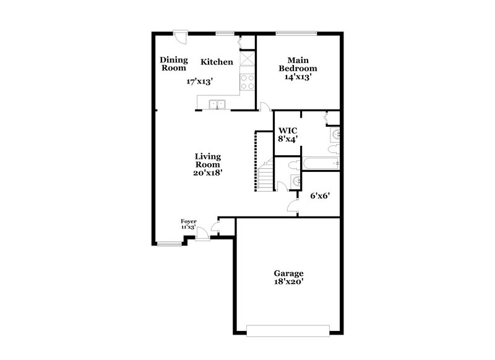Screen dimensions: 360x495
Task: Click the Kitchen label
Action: pyautogui.click(x=217, y=62)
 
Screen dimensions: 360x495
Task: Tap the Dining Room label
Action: pyautogui.click(x=174, y=64)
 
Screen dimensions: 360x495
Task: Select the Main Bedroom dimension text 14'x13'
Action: pyautogui.click(x=298, y=77)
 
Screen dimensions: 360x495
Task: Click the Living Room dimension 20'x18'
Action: pyautogui.click(x=208, y=173)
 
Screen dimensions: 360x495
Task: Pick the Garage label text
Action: pyautogui.click(x=289, y=273)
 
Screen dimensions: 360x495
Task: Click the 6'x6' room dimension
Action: pyautogui.click(x=320, y=195)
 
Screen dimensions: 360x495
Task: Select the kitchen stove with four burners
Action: pyautogui.click(x=248, y=82)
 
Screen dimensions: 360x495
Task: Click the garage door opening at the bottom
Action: pyautogui.click(x=288, y=330)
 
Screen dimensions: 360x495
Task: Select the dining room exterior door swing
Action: pyautogui.click(x=181, y=36)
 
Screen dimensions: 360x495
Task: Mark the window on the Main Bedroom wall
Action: pyautogui.click(x=296, y=33)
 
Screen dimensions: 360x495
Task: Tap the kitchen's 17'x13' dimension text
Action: pyautogui.click(x=200, y=81)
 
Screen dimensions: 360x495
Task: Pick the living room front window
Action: pyautogui.click(x=169, y=244)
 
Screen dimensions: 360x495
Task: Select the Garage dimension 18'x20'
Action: pyautogui.click(x=289, y=281)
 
